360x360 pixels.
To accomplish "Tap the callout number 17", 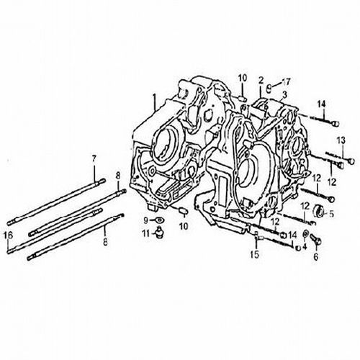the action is [286, 82].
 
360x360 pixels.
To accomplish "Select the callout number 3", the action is [284, 95].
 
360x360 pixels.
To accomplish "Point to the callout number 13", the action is [341, 140].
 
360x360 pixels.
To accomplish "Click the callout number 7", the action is [94, 158].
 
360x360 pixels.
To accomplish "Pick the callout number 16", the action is [8, 235].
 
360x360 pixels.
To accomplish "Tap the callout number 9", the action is [145, 220].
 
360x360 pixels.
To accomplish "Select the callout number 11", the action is [147, 233].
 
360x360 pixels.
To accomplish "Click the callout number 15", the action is [255, 254].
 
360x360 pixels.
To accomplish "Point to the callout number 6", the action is [316, 256].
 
